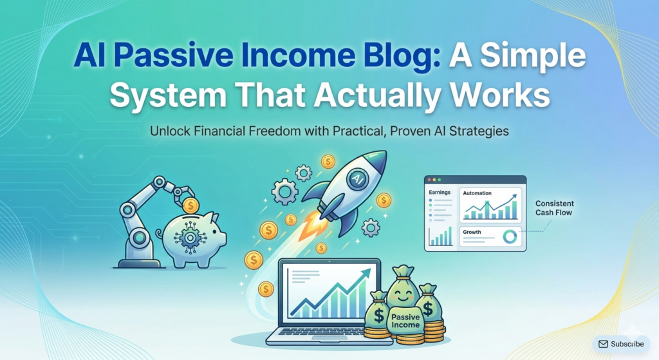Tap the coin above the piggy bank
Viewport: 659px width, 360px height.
190,206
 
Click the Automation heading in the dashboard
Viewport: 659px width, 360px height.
477,193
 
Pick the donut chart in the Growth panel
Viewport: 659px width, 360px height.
510,236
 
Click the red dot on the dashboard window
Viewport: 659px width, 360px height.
431,180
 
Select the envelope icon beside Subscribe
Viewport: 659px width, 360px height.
604,344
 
